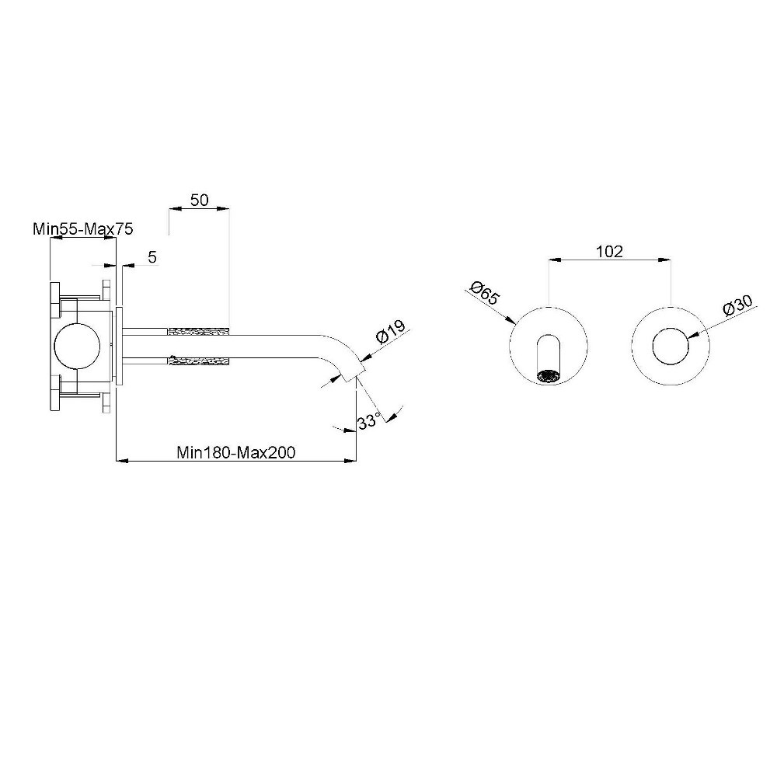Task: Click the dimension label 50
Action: pyautogui.click(x=199, y=200)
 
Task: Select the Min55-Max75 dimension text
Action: pyautogui.click(x=83, y=229)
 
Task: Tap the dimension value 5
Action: pyautogui.click(x=152, y=257)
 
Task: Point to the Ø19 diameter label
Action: pyautogui.click(x=391, y=332)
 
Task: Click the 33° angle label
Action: pyautogui.click(x=368, y=422)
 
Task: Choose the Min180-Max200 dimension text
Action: pyautogui.click(x=236, y=452)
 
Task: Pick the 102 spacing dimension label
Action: pyautogui.click(x=609, y=252)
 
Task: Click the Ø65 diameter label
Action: pyautogui.click(x=485, y=294)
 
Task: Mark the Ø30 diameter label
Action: pyautogui.click(x=738, y=305)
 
